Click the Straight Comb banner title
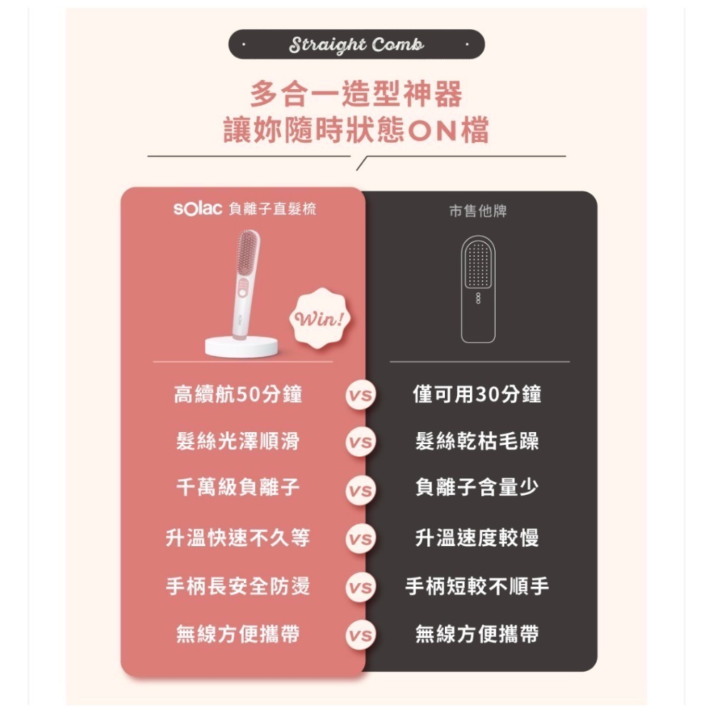point(356,44)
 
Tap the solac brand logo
point(198,209)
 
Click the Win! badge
point(320,318)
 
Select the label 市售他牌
point(478,211)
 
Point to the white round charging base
point(241,347)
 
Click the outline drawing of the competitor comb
point(478,289)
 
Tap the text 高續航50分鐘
point(238,394)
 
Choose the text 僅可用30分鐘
point(478,394)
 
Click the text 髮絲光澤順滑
point(238,441)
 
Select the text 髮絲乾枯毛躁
point(478,441)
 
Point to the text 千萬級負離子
point(238,488)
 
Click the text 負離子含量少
point(478,488)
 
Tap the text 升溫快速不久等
point(238,538)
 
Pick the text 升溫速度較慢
point(478,538)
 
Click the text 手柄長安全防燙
point(238,585)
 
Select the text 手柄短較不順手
point(478,585)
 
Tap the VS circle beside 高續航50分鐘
point(361,395)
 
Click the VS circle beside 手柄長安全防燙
point(361,587)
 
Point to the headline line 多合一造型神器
point(356,93)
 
